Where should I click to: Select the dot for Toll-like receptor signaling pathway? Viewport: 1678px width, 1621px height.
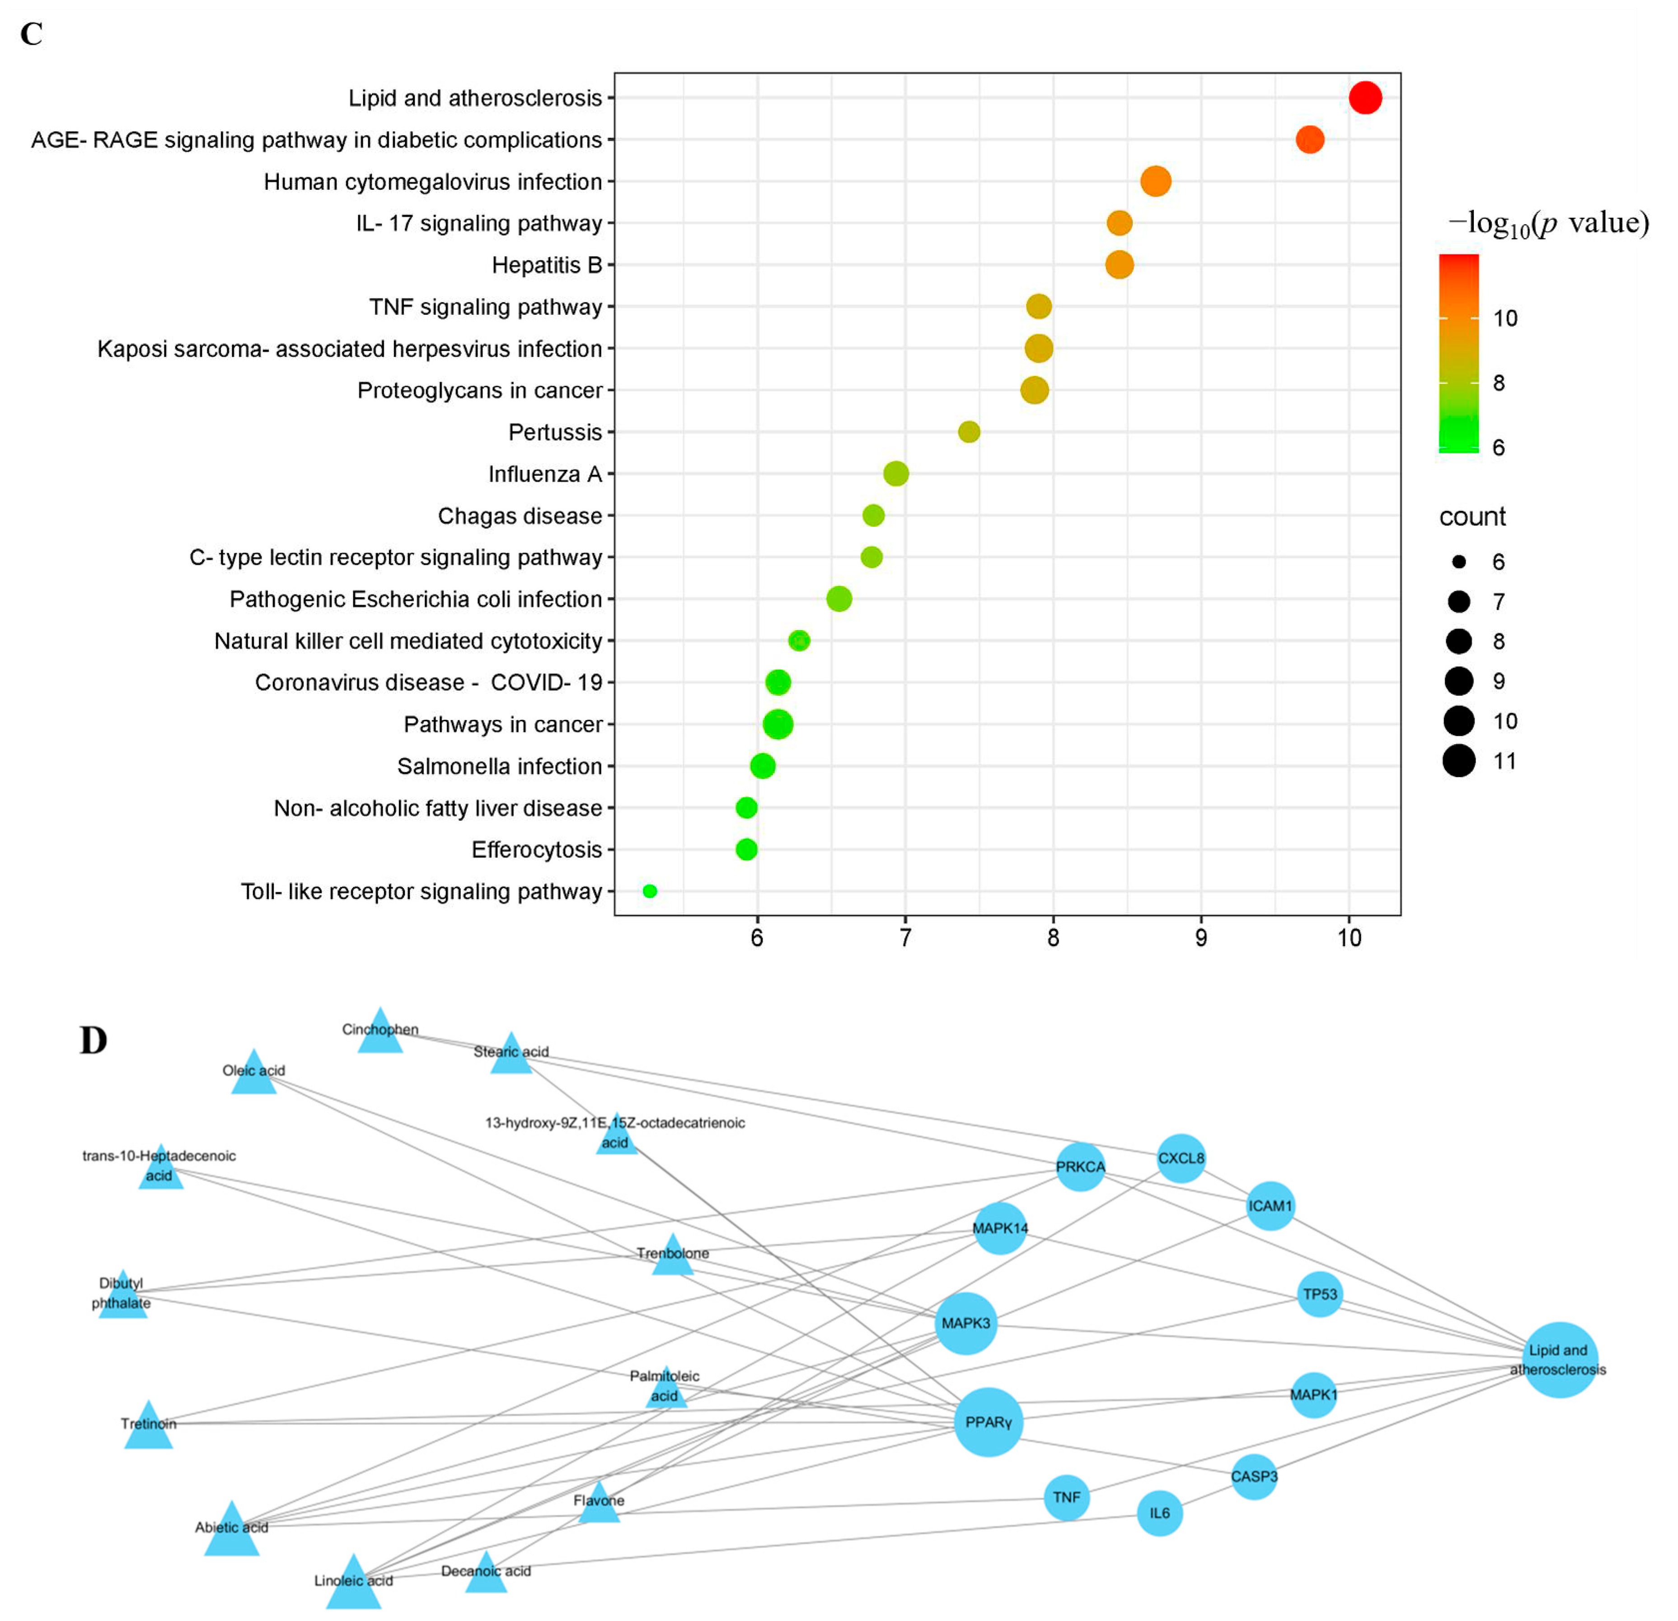point(650,891)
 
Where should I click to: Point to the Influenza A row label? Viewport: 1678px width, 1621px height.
point(544,474)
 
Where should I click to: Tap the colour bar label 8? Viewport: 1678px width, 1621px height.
point(1498,383)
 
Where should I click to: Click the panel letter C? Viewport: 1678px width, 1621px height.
point(32,34)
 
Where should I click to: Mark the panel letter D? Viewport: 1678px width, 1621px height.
point(94,1040)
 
